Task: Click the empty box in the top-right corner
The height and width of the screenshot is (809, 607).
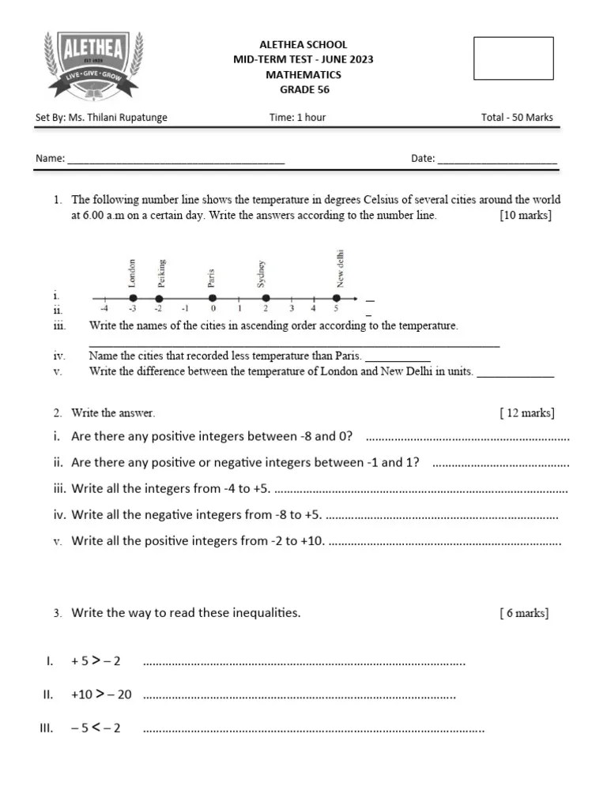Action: coord(513,58)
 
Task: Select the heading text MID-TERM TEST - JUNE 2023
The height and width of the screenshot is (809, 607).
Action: coord(303,59)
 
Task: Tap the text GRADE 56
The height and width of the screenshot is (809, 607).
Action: coord(304,89)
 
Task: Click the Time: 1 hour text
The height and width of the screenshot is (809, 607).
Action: coord(297,118)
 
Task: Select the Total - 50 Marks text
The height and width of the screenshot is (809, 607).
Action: coord(517,118)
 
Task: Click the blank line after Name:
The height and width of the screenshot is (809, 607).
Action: coord(175,160)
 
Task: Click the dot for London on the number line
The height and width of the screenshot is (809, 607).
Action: coord(132,299)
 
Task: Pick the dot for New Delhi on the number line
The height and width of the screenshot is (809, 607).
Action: coord(336,299)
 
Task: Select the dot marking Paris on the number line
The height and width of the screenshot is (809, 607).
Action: coord(212,299)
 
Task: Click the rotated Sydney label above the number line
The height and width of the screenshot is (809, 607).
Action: coord(262,274)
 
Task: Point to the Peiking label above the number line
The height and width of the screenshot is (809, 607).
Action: coord(161,273)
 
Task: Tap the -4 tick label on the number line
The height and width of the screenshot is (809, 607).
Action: coord(105,309)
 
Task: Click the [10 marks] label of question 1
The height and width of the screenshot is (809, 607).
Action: coord(526,215)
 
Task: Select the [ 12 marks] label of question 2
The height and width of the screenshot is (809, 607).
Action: coord(526,412)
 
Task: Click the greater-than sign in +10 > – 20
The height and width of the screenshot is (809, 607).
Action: coord(100,694)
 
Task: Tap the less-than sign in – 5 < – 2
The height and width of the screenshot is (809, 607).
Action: coord(95,728)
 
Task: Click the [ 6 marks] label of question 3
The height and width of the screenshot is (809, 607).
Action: coord(524,613)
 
